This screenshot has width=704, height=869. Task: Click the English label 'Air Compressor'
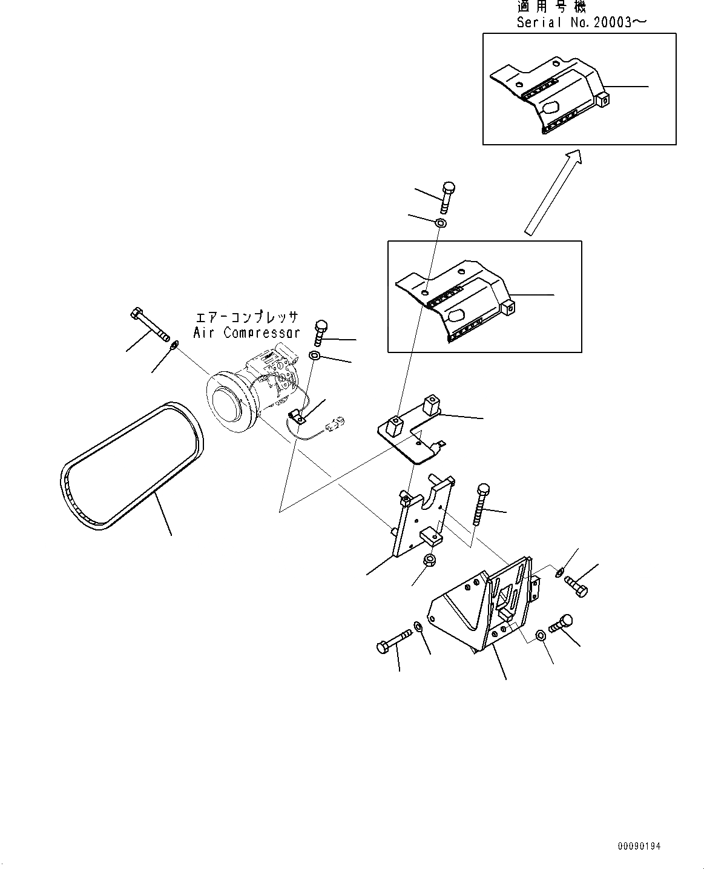(x=246, y=332)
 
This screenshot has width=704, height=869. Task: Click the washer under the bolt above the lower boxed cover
(x=441, y=223)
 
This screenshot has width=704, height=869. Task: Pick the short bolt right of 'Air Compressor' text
(x=320, y=332)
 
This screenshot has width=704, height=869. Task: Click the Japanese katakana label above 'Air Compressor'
(x=246, y=317)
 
